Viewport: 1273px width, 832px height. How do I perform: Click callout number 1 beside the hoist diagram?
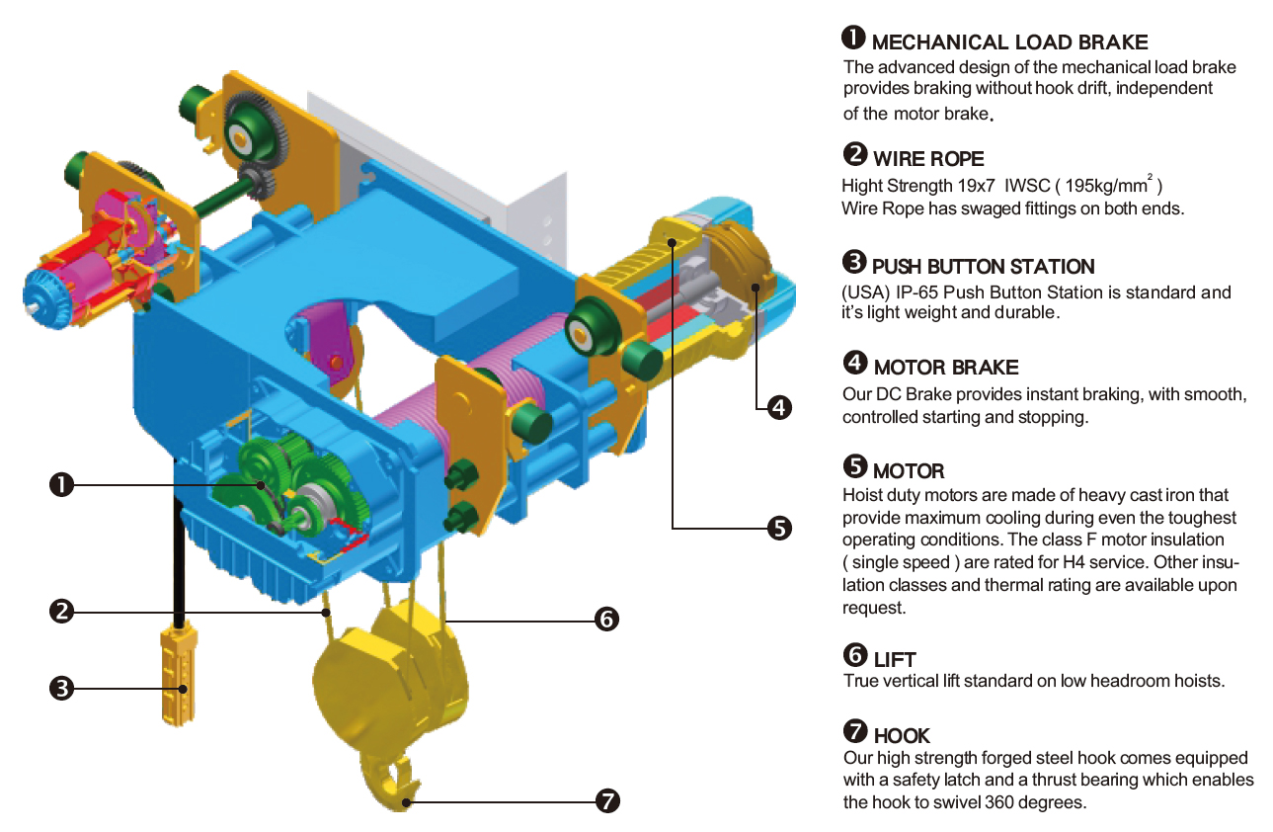(62, 485)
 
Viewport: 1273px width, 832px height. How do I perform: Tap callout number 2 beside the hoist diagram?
(62, 612)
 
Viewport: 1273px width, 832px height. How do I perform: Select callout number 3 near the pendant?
(62, 688)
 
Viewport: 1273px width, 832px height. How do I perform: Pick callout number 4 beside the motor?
(779, 407)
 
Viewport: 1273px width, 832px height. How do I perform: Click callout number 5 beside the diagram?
(779, 529)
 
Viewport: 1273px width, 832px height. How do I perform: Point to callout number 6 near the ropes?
(607, 619)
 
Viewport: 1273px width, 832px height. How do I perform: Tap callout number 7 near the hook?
(607, 801)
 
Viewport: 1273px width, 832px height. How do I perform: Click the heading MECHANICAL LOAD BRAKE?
(1010, 42)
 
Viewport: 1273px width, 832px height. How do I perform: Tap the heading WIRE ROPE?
(928, 159)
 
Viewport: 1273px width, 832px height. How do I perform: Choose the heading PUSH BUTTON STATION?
(984, 267)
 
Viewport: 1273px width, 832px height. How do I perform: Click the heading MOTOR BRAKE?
(946, 368)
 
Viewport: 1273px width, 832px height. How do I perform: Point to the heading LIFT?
(895, 660)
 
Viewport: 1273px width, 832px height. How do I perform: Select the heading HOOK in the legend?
(902, 736)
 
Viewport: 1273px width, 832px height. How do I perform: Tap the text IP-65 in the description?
(918, 292)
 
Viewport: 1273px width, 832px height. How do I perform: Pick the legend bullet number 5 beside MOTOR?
(855, 466)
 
